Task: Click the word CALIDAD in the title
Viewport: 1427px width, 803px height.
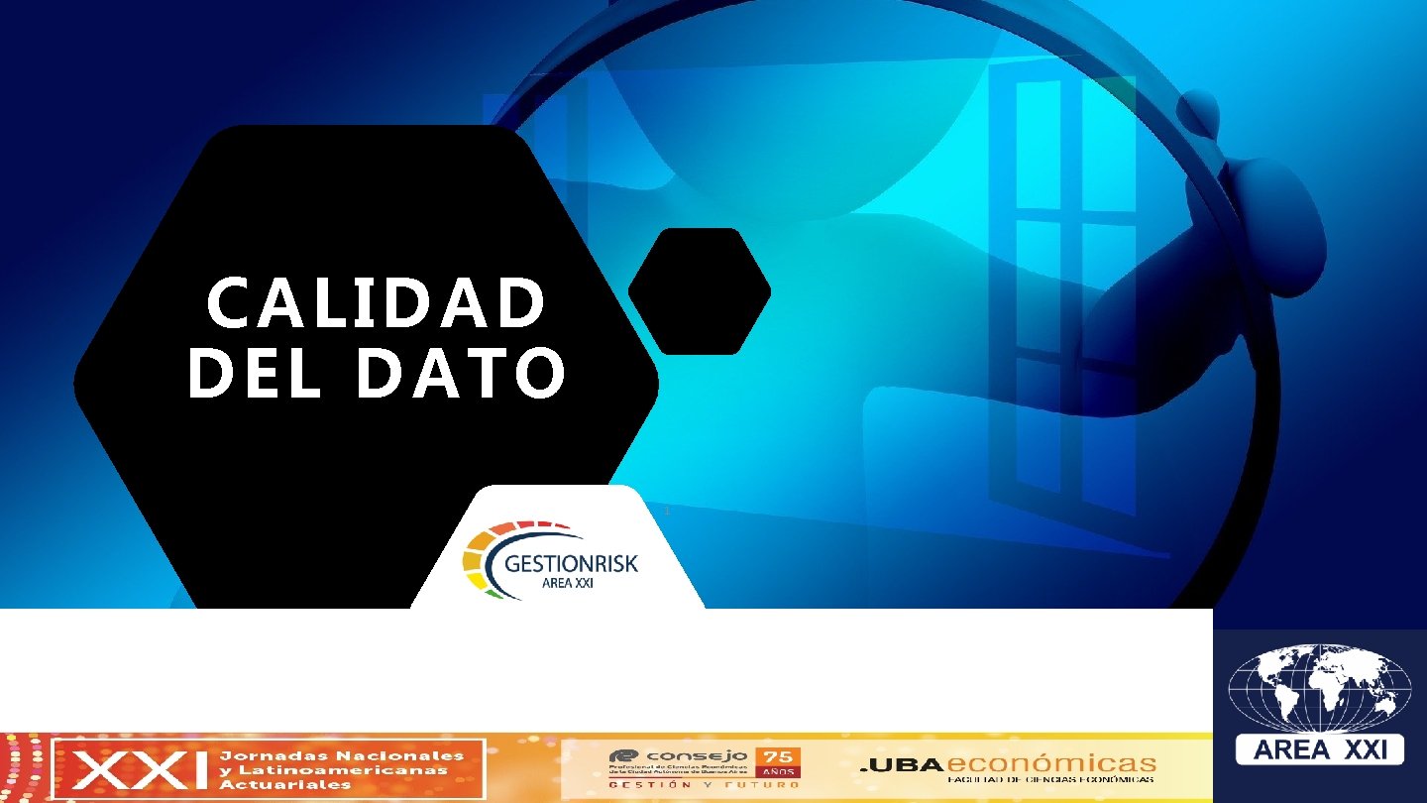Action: pyautogui.click(x=377, y=303)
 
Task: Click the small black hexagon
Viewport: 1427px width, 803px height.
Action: pyautogui.click(x=700, y=291)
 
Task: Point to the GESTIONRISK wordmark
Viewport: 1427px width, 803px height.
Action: pyautogui.click(x=571, y=564)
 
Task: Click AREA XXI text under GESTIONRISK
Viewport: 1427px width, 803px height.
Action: pyautogui.click(x=569, y=584)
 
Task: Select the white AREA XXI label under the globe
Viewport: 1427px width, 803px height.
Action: pyautogui.click(x=1320, y=749)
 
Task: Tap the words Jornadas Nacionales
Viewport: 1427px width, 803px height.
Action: pyautogui.click(x=340, y=755)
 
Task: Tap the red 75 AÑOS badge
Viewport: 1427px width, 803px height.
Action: pyautogui.click(x=778, y=760)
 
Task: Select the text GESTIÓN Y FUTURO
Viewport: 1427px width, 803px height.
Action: pyautogui.click(x=704, y=784)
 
